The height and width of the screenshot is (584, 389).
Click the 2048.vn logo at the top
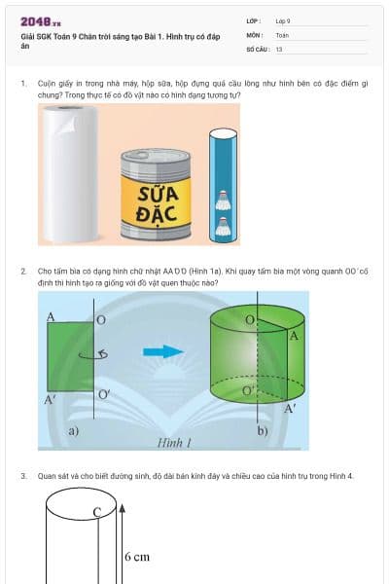41,20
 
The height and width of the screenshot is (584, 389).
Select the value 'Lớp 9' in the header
283,20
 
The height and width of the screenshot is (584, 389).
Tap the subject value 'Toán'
282,34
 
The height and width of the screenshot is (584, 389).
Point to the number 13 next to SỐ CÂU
279,49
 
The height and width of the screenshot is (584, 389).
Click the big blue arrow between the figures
160,352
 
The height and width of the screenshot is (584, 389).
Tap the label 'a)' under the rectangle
72,429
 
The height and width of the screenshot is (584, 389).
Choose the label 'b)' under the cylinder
262,429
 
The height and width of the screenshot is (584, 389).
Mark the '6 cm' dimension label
137,557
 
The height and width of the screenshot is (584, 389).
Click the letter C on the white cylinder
97,512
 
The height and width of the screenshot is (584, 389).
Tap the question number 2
23,273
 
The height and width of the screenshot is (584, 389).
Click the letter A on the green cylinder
294,336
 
